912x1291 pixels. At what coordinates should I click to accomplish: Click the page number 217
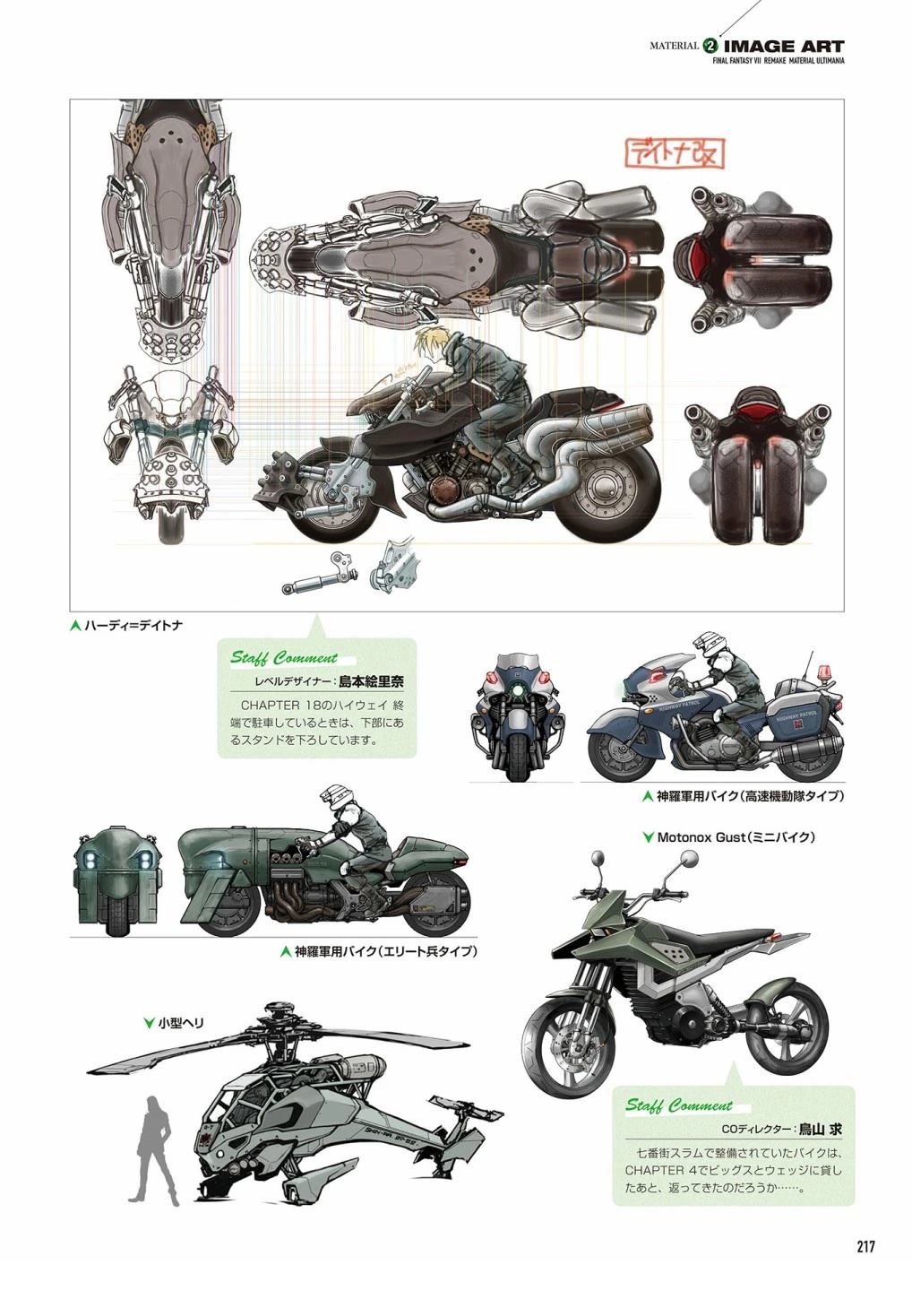(x=865, y=1246)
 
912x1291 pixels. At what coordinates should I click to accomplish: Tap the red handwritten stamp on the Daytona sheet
(x=675, y=153)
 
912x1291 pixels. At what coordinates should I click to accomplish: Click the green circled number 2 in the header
(x=711, y=46)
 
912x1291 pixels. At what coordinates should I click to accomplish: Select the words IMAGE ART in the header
(x=784, y=46)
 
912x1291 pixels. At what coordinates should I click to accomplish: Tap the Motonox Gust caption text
(x=735, y=837)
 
